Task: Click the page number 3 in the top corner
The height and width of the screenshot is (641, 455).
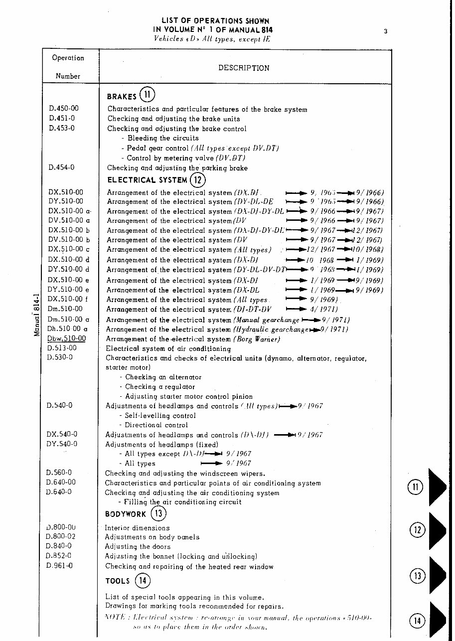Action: tap(386, 32)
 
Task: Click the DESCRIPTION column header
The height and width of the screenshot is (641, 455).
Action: tap(244, 68)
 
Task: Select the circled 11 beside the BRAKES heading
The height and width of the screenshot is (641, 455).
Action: tap(148, 94)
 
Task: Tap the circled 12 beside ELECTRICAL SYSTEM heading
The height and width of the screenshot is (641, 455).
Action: tap(198, 179)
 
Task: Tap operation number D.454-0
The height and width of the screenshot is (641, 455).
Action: tap(62, 167)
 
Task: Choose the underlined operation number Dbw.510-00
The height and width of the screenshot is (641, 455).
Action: tap(66, 338)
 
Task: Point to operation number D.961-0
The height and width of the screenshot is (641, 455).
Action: tap(59, 566)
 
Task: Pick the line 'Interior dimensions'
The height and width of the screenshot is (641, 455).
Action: tap(137, 528)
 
